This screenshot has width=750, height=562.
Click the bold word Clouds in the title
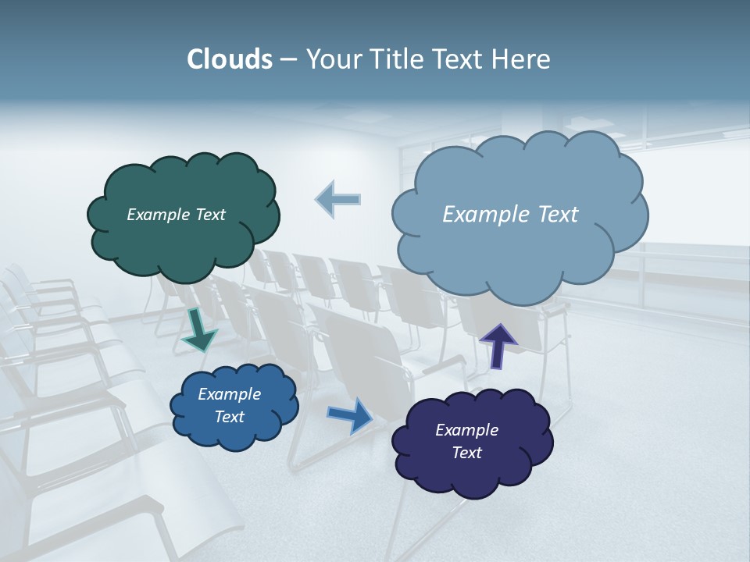tap(230, 59)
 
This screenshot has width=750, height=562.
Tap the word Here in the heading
tap(523, 59)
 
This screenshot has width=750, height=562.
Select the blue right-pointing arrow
tap(350, 414)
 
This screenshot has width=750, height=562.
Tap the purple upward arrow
tap(498, 344)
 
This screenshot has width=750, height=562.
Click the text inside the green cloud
tap(176, 215)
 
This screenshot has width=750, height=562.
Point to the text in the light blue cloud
tap(510, 215)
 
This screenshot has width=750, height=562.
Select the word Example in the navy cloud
tap(466, 430)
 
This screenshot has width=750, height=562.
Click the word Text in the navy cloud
tap(466, 453)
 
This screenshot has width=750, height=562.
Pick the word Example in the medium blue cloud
tap(229, 394)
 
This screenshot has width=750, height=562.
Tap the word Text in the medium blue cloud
tap(229, 417)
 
